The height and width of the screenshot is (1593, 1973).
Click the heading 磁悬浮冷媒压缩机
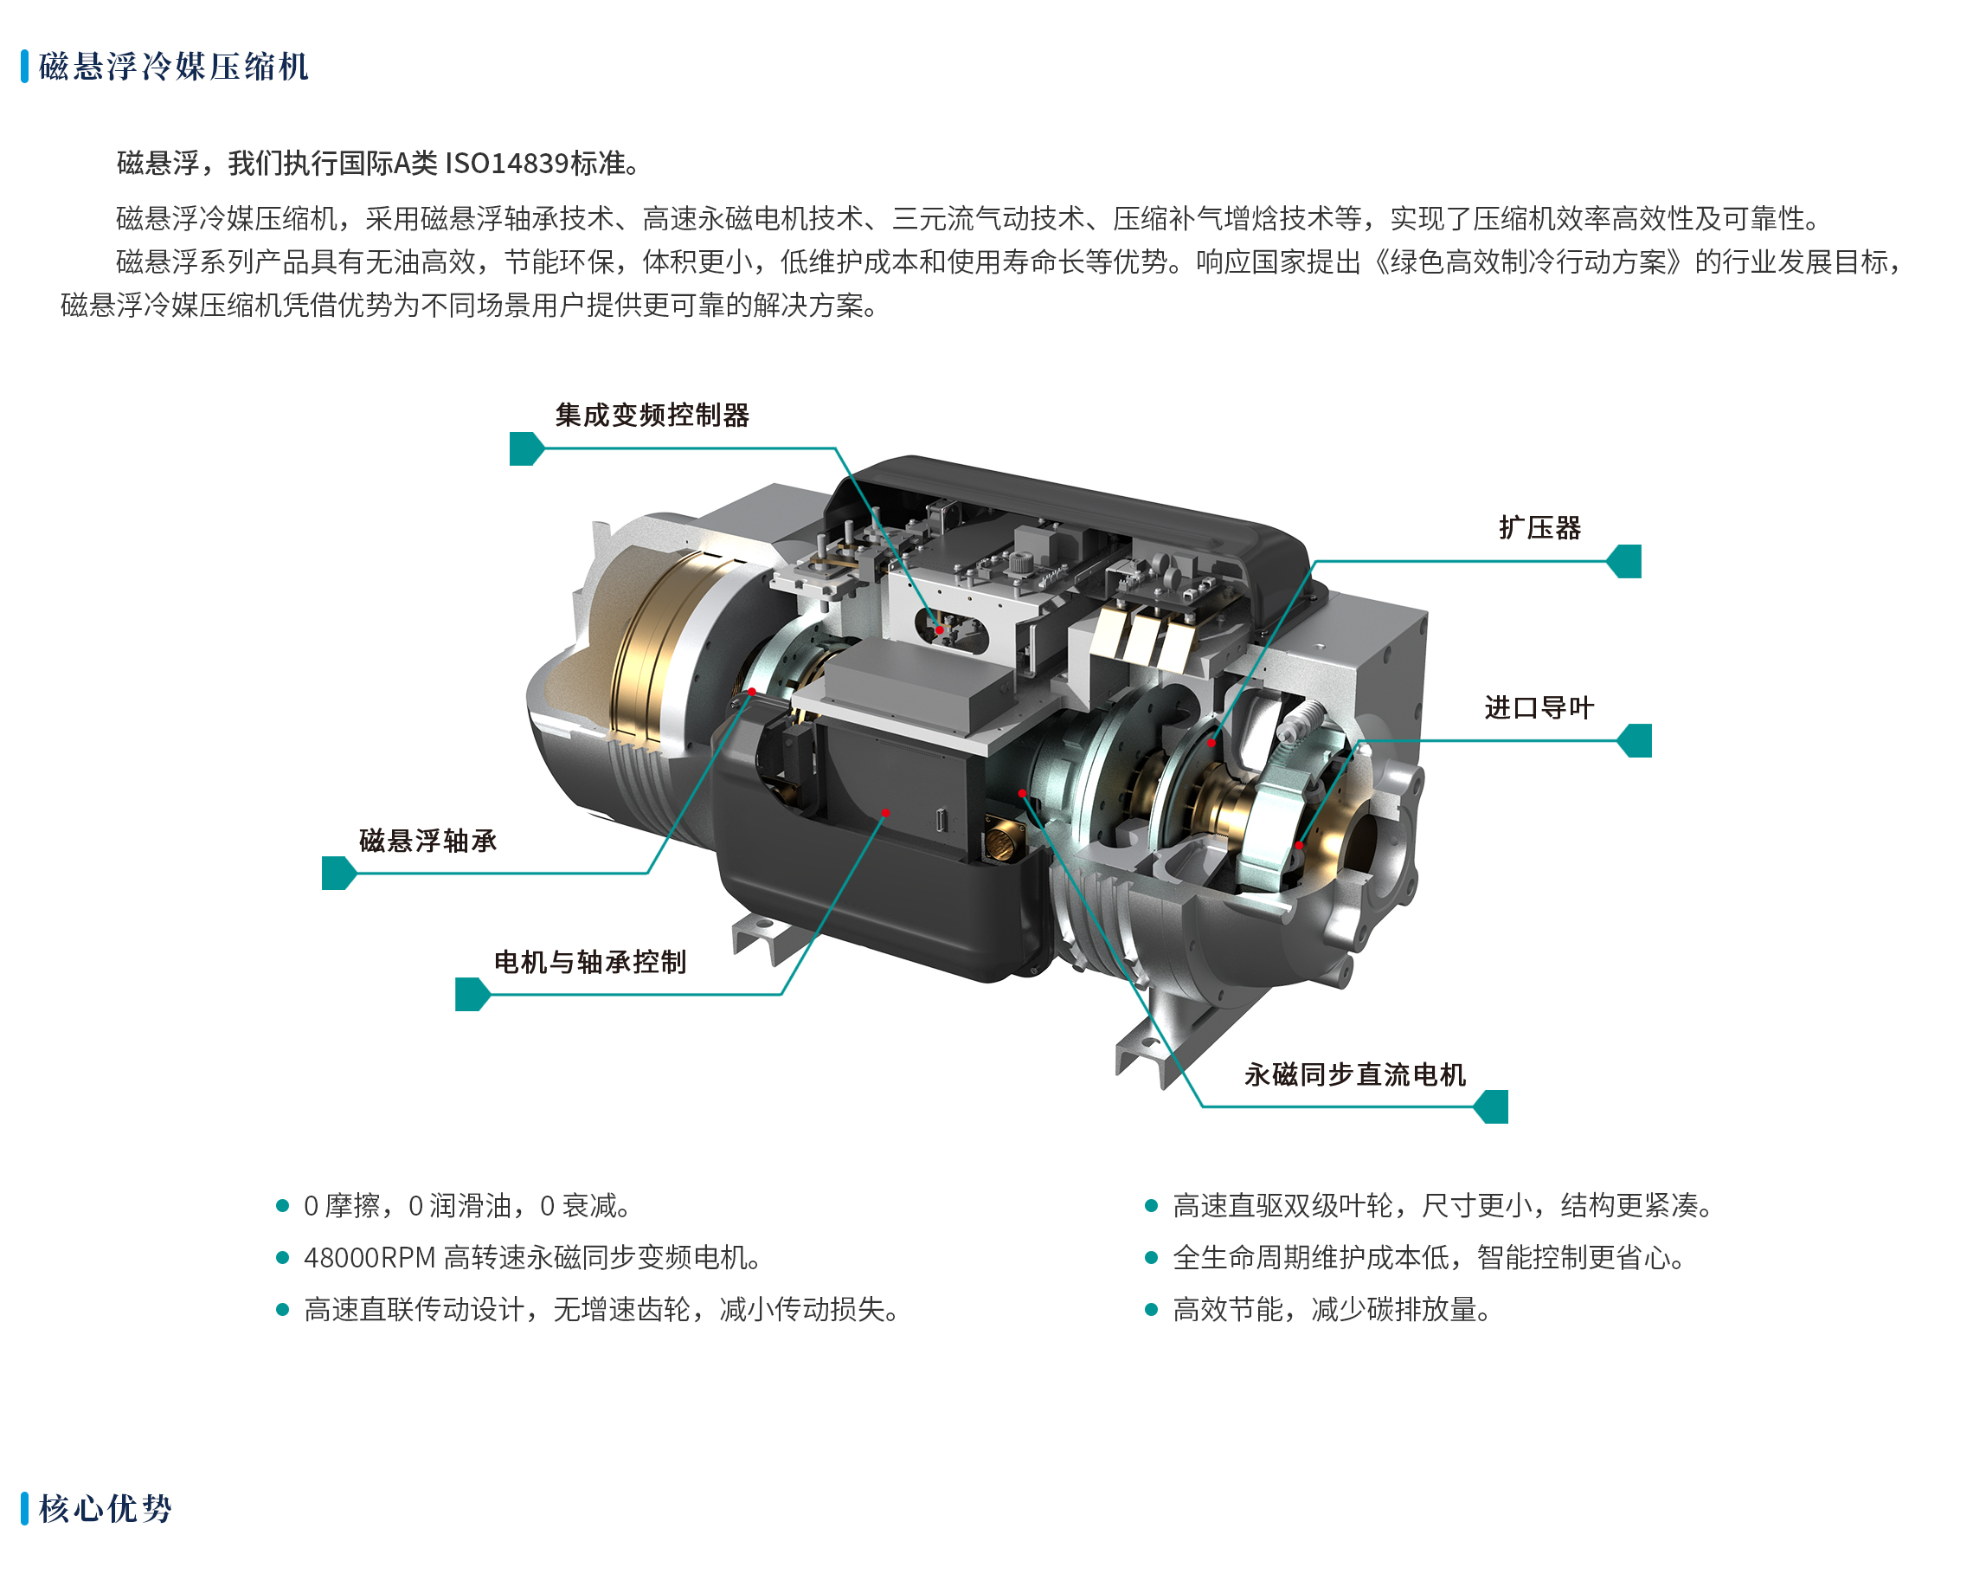[173, 67]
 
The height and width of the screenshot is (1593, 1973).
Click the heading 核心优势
[106, 1508]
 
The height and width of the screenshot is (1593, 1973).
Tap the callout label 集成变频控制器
[652, 416]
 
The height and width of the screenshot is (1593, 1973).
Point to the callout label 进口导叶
[1540, 708]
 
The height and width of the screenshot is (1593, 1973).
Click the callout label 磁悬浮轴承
[428, 841]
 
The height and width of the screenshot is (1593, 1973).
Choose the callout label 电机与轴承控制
[591, 963]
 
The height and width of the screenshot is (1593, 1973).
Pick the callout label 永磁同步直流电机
[1356, 1074]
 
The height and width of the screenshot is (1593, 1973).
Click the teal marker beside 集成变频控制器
[526, 448]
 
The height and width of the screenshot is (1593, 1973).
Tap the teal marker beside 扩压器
[1624, 562]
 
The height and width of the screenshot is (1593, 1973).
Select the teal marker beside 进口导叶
[1635, 740]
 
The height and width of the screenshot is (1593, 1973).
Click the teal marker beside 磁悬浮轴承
[338, 874]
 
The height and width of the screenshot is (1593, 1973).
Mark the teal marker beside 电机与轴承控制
[472, 995]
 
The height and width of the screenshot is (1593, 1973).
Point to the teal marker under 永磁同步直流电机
[1492, 1106]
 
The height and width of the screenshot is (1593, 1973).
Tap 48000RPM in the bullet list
[370, 1258]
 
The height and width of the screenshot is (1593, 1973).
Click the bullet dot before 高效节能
[1151, 1309]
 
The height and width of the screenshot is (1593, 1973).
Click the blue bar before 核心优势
[25, 1508]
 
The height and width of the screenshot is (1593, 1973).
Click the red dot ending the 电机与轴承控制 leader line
[886, 813]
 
